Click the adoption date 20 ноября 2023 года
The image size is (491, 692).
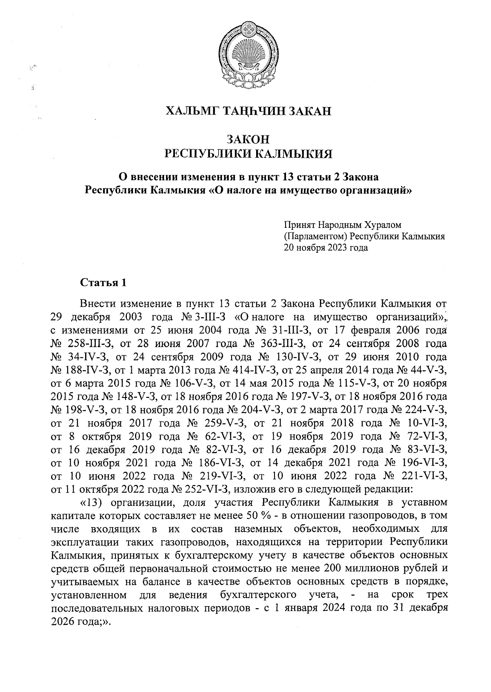point(326,247)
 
